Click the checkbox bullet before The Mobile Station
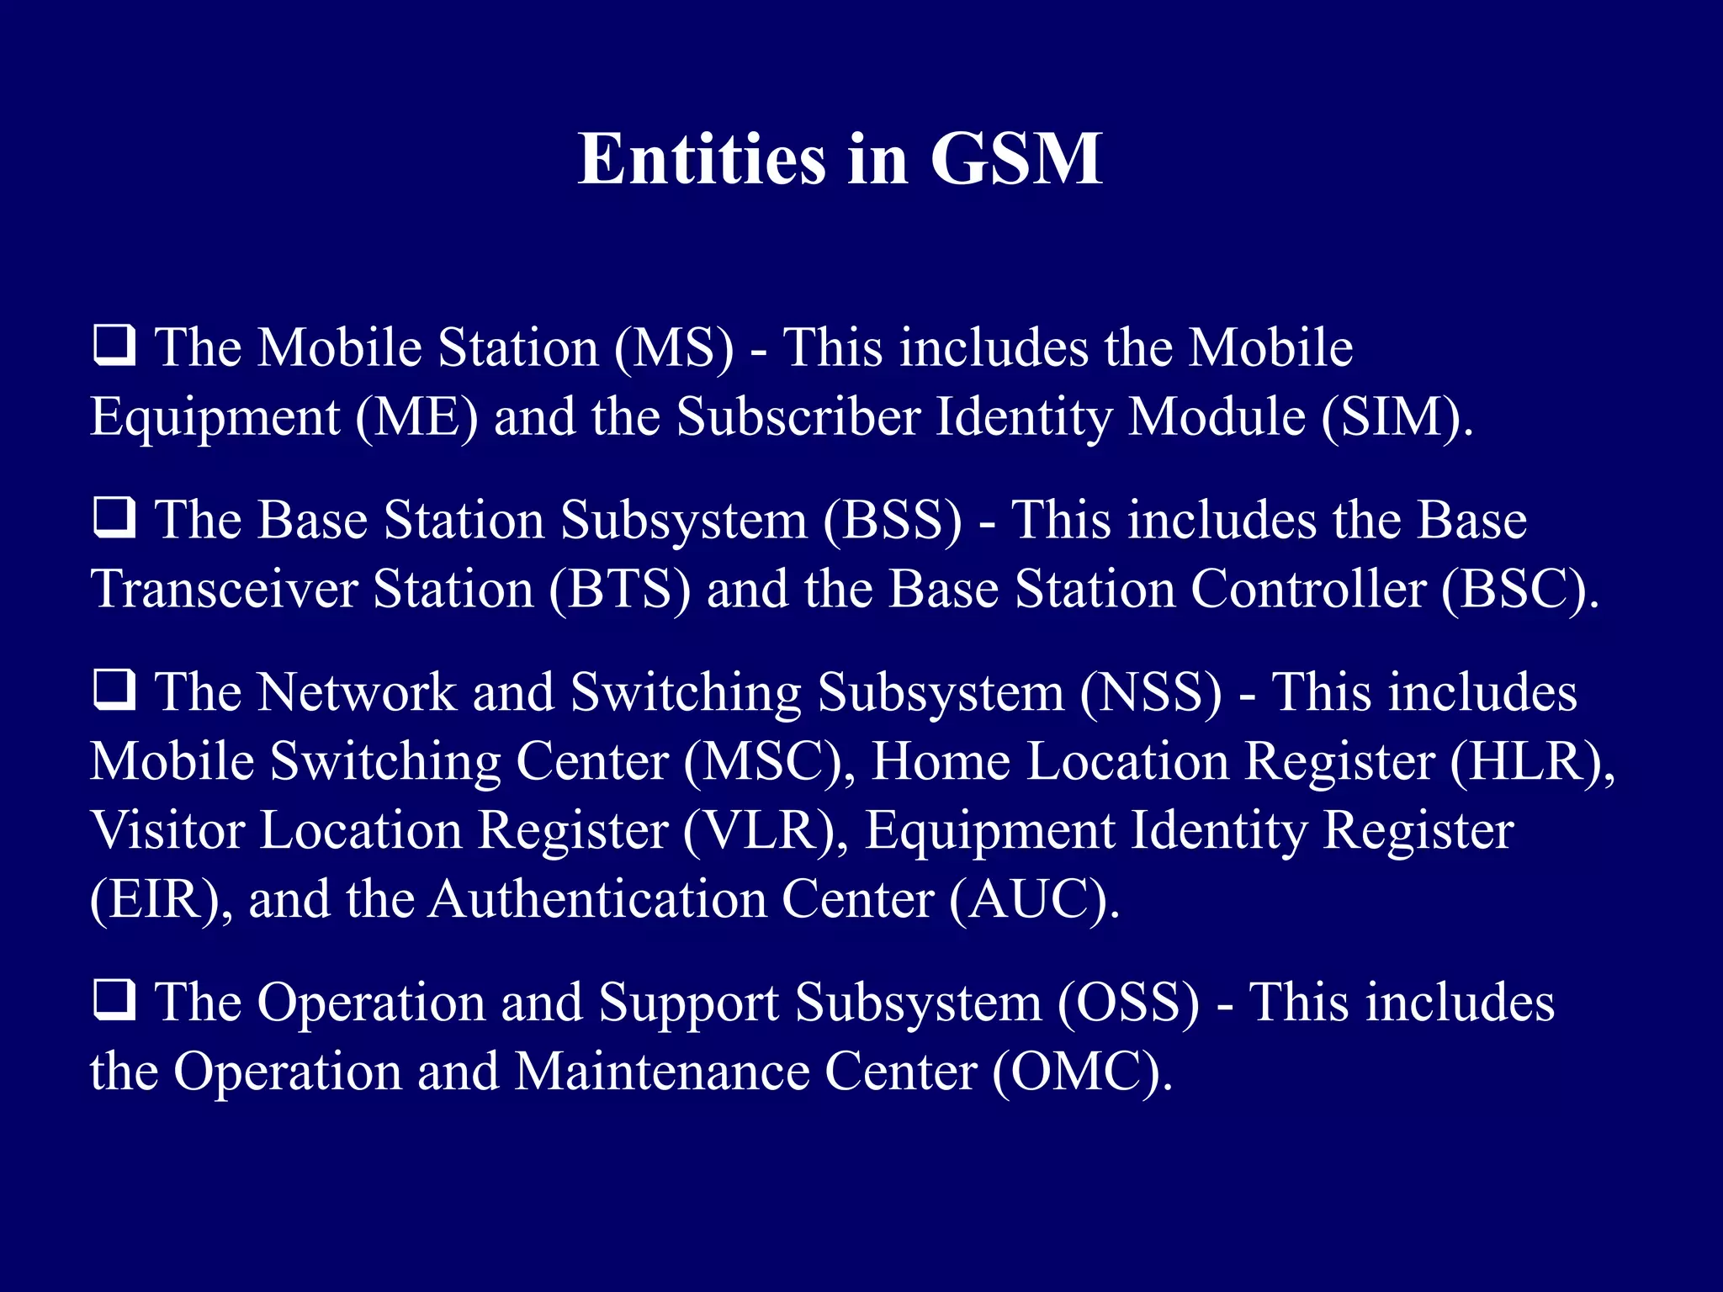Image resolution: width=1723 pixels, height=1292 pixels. pos(114,347)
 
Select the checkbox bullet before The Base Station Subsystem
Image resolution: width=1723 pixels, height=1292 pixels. pos(114,518)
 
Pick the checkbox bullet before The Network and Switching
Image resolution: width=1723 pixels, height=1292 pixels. pos(114,691)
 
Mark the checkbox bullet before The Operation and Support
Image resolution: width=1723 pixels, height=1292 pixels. pos(114,1001)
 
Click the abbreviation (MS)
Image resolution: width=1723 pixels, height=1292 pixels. pos(674,347)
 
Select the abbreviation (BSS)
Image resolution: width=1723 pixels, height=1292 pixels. pos(892,520)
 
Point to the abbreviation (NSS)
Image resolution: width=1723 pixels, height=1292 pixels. pos(1150,692)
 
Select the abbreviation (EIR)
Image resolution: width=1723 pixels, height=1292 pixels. pos(156,899)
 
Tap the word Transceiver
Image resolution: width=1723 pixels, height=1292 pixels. pos(225,589)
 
